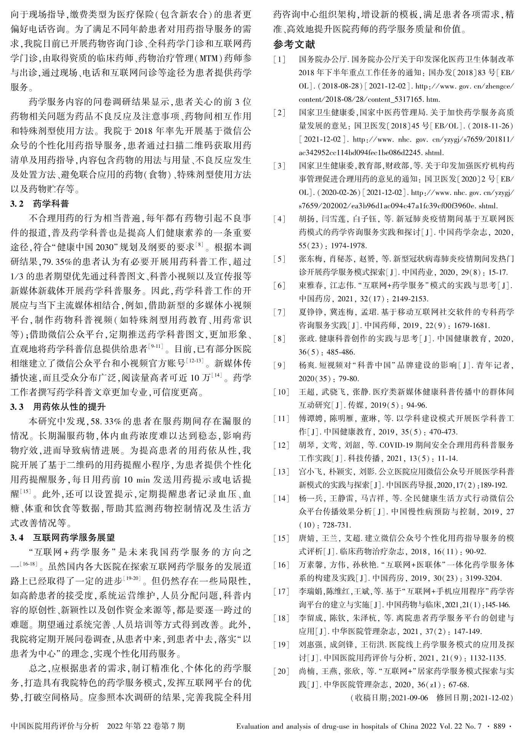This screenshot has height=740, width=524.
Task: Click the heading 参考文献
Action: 294,45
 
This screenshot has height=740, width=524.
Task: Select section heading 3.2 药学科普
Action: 40,203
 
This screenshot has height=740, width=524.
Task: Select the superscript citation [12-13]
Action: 195,359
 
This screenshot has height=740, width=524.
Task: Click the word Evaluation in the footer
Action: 254,726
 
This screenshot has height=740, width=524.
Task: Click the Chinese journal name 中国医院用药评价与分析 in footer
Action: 56,726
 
